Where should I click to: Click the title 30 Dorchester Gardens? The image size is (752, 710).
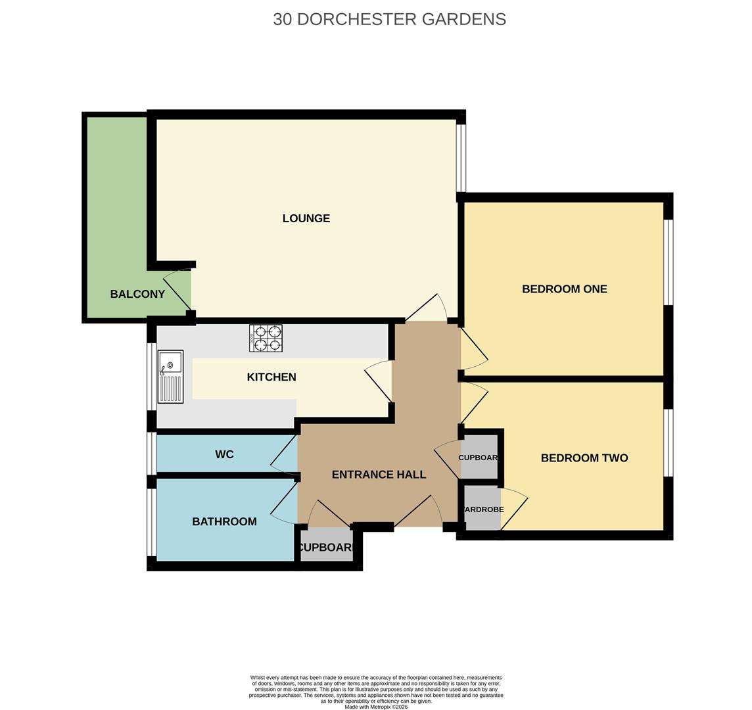point(389,19)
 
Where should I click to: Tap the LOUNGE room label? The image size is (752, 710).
point(306,218)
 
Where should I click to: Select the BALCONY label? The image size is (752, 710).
point(137,294)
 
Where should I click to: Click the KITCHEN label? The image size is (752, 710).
point(271,377)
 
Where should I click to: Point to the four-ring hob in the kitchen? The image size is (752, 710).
point(266,338)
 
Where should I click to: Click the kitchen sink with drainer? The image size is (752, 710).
point(170,377)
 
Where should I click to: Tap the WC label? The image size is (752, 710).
point(224,454)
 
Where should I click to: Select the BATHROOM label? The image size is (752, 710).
point(224,521)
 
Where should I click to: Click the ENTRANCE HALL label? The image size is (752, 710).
point(379,474)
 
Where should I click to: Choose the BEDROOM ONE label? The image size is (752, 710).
point(564,289)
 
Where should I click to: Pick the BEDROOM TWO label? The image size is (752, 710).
point(584,458)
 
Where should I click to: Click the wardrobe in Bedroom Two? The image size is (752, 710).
point(482,509)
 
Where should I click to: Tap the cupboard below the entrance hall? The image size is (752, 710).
point(326,547)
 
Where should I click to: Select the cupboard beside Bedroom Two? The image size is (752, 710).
point(479,458)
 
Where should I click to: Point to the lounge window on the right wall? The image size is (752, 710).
point(461,158)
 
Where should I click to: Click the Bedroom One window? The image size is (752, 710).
point(668,262)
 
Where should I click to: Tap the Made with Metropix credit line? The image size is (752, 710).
point(375,707)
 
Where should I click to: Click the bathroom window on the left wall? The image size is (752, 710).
point(151,522)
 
